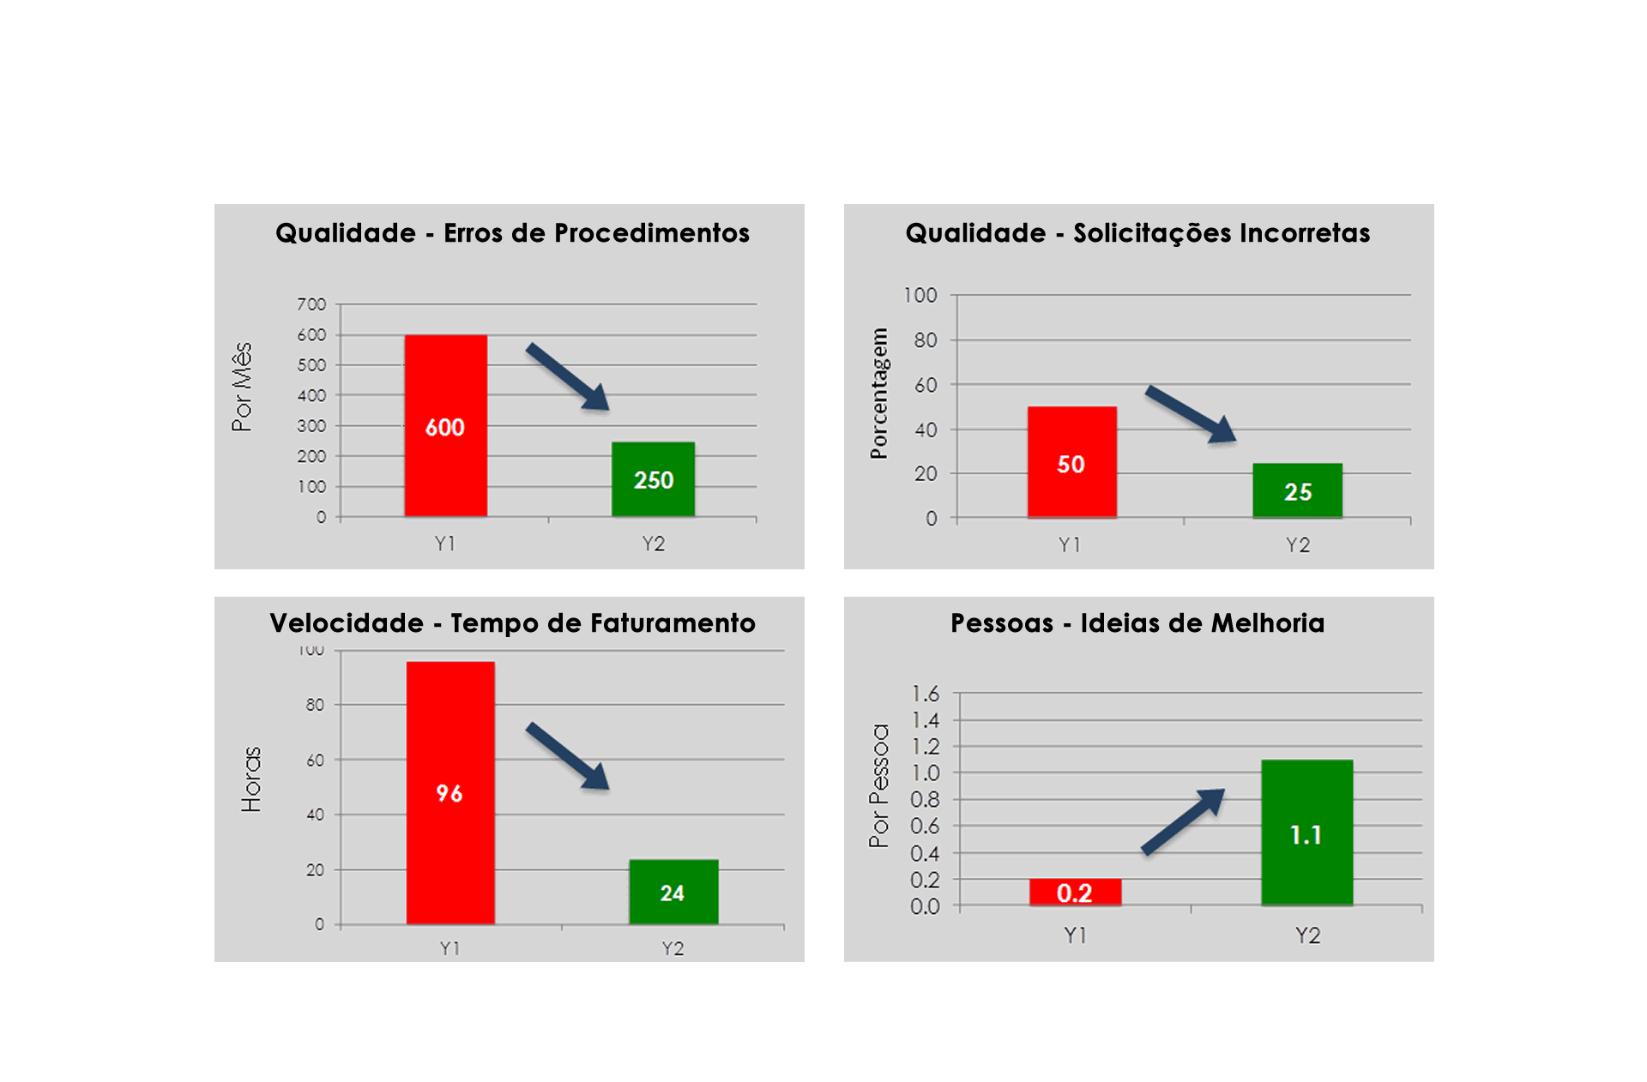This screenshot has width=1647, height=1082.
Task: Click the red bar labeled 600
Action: [x=445, y=425]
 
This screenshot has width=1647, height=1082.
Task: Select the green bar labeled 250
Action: [x=653, y=479]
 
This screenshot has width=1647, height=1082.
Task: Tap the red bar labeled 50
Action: [x=1071, y=462]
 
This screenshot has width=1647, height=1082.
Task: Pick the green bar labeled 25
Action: [x=1297, y=490]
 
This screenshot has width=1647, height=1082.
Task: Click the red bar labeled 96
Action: [x=449, y=792]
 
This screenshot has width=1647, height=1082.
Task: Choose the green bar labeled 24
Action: [x=673, y=892]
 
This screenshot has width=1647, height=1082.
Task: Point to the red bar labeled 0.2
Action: [x=1074, y=893]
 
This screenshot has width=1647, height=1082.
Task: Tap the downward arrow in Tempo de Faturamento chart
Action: [x=569, y=755]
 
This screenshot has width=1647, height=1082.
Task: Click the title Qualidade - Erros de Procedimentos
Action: [x=512, y=233]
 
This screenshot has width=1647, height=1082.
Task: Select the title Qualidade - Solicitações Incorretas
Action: [x=1137, y=233]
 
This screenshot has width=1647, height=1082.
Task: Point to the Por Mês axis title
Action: [x=242, y=387]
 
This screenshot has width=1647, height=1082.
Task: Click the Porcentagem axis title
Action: [x=878, y=394]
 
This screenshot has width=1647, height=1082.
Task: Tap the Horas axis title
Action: [x=250, y=778]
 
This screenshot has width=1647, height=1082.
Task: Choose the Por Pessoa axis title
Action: [x=878, y=785]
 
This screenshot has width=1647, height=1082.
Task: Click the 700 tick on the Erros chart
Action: [x=311, y=304]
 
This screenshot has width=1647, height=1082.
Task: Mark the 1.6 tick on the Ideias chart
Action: [x=925, y=693]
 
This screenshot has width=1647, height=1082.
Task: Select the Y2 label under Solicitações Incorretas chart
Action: [x=1297, y=545]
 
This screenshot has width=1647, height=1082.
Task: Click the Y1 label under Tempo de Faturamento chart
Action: [x=449, y=948]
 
